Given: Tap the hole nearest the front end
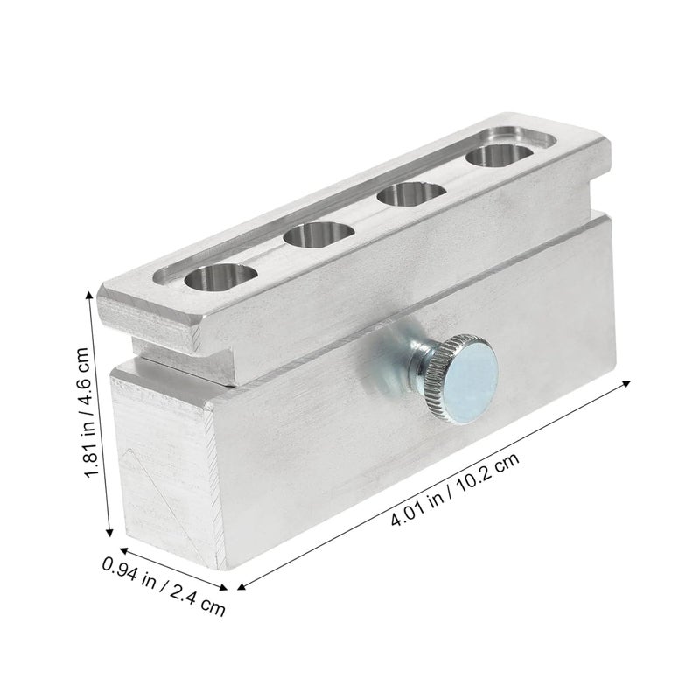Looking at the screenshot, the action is [221, 277].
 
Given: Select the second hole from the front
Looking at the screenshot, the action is [318, 235].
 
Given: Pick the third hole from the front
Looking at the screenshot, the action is [411, 194].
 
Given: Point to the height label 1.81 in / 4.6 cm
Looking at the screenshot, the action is [87, 412].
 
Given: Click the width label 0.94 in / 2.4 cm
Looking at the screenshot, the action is [164, 584].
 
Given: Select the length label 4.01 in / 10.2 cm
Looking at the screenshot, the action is [455, 490].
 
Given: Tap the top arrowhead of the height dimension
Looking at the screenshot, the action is [90, 295].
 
